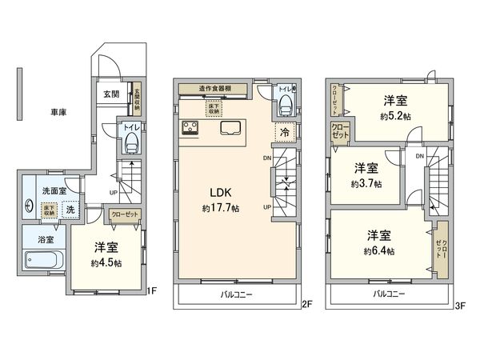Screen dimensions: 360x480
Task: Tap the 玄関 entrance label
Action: tap(110, 94)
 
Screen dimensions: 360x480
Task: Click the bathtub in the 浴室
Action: tap(44, 261)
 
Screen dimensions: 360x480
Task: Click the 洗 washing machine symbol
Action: tap(70, 209)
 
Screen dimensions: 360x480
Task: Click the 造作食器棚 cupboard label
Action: tap(216, 89)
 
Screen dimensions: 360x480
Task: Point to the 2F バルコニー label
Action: tap(238, 295)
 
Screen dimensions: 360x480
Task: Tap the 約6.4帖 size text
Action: tap(379, 250)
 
